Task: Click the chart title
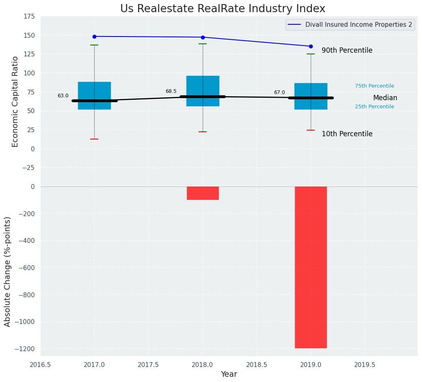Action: point(223,9)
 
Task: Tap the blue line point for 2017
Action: point(94,36)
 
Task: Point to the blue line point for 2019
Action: point(311,46)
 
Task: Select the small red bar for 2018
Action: point(203,193)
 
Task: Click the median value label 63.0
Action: point(63,96)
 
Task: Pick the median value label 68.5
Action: point(171,92)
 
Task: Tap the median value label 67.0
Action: point(279,93)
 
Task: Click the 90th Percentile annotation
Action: point(347,51)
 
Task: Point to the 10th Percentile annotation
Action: point(347,134)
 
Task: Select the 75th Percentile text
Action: point(374,86)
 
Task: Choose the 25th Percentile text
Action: point(374,107)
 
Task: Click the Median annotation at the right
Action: point(385,98)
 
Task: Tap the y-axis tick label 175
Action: point(29,17)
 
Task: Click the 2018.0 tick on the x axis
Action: point(203,365)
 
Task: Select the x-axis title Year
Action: point(229,374)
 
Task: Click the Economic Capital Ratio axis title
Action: point(15,101)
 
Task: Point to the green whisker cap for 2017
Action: point(94,45)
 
